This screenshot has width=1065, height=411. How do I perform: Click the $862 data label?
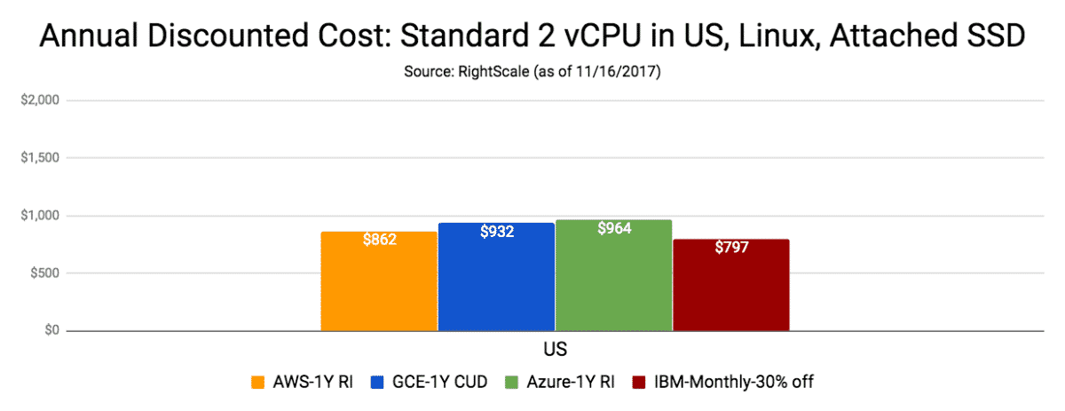tap(379, 240)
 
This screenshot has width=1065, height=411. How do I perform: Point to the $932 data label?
tap(497, 231)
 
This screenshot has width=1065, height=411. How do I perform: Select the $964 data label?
tap(613, 228)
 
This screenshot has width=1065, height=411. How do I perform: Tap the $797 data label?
tap(731, 247)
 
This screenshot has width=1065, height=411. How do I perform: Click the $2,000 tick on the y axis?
tap(40, 100)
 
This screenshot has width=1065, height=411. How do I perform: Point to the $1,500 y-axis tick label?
tap(40, 158)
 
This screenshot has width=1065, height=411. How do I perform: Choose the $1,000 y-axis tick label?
tap(40, 216)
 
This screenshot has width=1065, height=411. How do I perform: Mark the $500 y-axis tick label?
tap(43, 273)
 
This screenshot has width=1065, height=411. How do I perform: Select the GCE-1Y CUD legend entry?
tap(427, 383)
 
